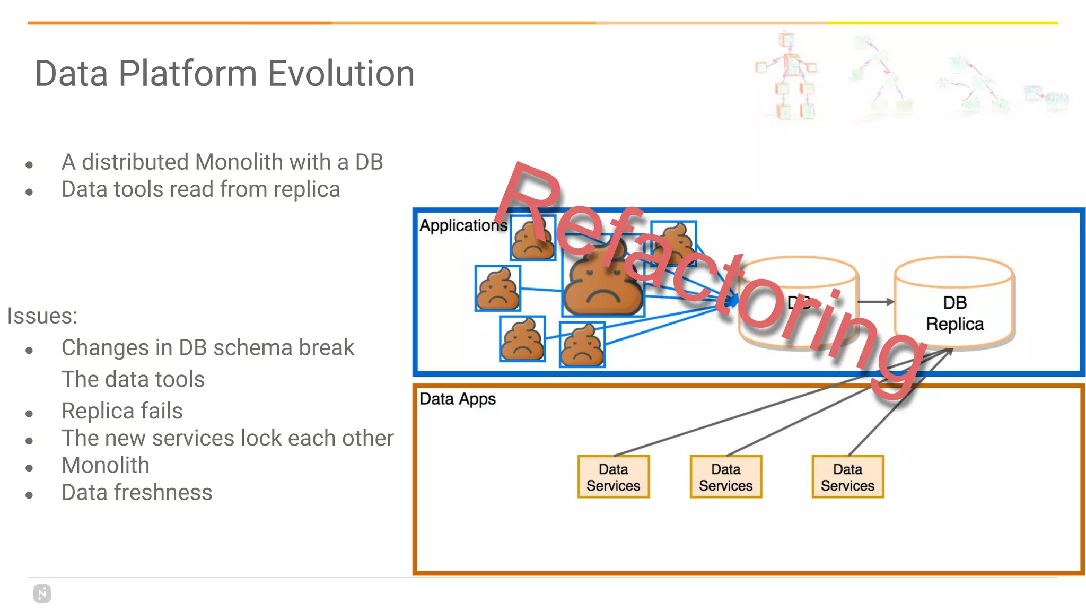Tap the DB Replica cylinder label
[x=954, y=313]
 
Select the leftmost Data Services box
[x=613, y=477]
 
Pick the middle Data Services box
[x=725, y=477]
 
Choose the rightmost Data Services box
[x=847, y=477]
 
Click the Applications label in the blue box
[x=463, y=225]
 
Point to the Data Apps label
[x=457, y=399]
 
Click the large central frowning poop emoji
[x=602, y=281]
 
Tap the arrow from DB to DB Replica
[x=875, y=302]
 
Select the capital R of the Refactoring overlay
[x=530, y=202]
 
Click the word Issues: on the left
[x=42, y=316]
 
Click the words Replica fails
[x=122, y=411]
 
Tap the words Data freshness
[x=137, y=492]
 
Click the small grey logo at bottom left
[x=42, y=593]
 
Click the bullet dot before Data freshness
[x=29, y=495]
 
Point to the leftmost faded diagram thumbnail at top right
[x=788, y=77]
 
